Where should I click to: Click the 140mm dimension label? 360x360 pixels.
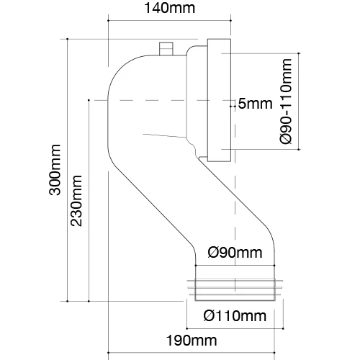click(169, 8)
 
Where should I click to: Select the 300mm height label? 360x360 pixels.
click(55, 170)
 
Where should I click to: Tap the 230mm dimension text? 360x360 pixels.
click(76, 201)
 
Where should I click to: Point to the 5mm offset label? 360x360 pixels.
click(255, 104)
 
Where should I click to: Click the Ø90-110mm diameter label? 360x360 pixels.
click(286, 102)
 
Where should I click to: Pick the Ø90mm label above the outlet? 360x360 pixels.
click(235, 253)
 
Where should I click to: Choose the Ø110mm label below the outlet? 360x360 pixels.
click(235, 316)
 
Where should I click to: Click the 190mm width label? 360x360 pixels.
click(192, 341)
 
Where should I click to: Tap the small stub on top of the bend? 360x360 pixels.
click(166, 49)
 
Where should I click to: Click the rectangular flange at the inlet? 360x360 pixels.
click(219, 100)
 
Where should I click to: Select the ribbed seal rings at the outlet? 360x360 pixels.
click(235, 287)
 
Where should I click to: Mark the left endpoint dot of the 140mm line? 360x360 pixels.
click(108, 21)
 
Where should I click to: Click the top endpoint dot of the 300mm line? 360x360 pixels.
click(68, 39)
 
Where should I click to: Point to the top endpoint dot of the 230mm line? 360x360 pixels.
click(89, 100)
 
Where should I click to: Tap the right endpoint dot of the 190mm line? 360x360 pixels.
click(274, 353)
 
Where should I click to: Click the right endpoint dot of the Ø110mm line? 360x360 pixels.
click(284, 328)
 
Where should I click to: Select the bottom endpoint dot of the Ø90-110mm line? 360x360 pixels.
click(299, 149)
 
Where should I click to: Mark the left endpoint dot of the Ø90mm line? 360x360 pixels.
click(196, 266)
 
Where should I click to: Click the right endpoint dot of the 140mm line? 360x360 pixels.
click(231, 21)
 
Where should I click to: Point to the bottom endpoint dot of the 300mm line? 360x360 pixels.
click(68, 301)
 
